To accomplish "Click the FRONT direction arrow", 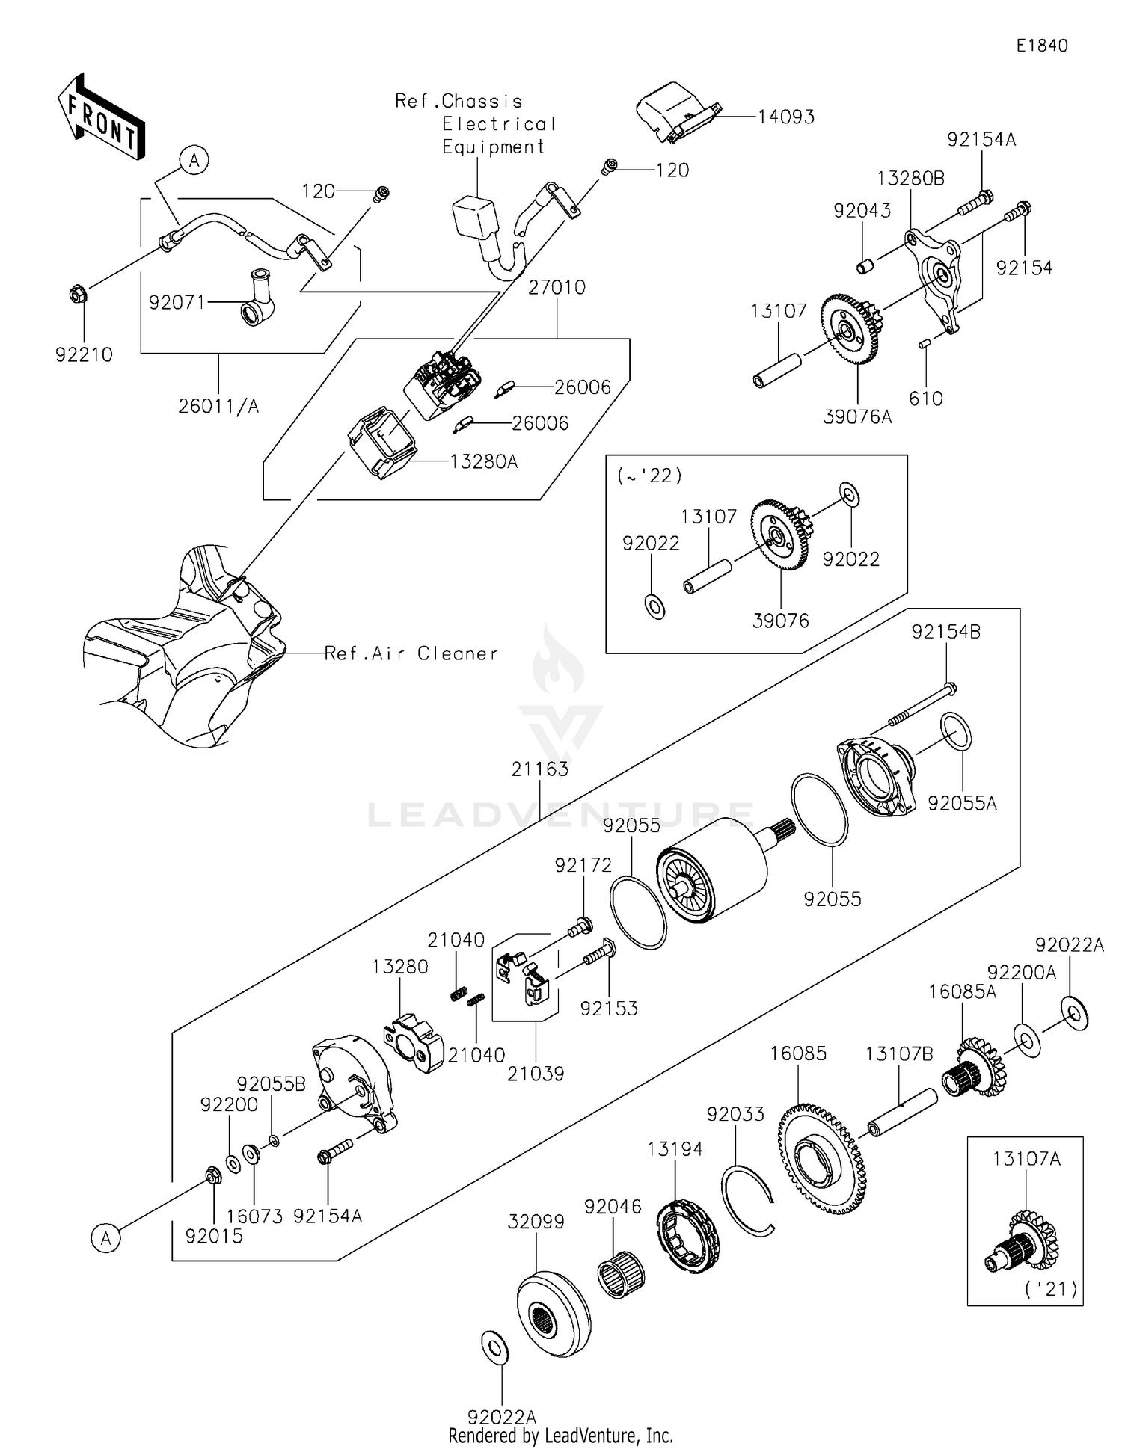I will pos(101,117).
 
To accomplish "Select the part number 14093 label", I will pos(785,117).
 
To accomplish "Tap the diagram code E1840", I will pos(1041,46).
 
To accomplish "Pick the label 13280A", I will pos(483,462).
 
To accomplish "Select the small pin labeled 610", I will pos(925,344).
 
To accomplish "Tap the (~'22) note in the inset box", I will pos(649,476).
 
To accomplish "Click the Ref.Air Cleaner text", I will pos(411,654).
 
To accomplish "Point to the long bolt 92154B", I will pos(922,702).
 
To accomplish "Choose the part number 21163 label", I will pos(540,769).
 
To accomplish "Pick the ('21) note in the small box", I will pos(1050,1289).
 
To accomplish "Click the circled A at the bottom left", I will pos(105,1239).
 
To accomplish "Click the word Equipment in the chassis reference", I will pos(493,147).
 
